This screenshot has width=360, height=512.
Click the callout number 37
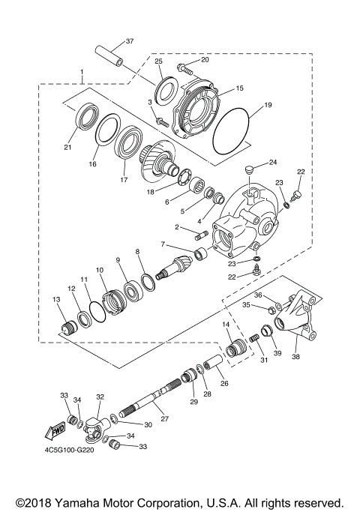pos(129,40)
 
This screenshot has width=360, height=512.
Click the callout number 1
pos(81,73)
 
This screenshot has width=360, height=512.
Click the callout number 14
pos(225,324)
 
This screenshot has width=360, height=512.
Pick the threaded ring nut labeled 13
pos(69,328)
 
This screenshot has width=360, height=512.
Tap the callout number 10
pos(99,269)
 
